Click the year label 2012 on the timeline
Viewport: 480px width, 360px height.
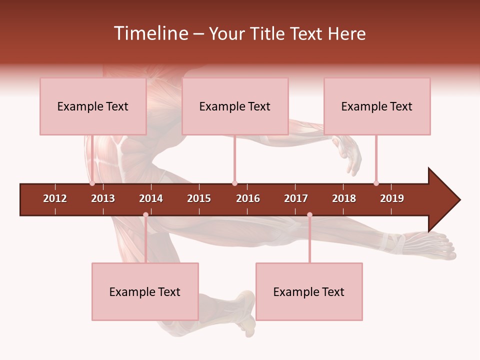pos(55,198)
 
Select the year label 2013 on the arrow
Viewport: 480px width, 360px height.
pos(103,198)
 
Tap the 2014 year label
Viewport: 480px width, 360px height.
pos(151,198)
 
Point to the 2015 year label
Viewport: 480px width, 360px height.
pos(199,198)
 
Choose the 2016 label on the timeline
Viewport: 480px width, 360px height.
pos(248,198)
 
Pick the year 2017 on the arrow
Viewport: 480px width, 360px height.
pos(296,198)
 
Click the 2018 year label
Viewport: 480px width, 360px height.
pos(344,198)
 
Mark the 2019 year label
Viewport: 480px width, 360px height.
pos(392,198)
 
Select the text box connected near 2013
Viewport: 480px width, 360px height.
pos(93,106)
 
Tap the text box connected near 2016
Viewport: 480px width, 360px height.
pos(235,106)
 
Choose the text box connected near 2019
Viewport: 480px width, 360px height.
pos(377,106)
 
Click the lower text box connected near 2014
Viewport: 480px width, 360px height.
pos(145,291)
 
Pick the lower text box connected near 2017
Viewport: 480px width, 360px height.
pos(309,291)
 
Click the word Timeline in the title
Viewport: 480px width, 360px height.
pos(150,33)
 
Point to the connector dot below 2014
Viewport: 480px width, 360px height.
pos(145,214)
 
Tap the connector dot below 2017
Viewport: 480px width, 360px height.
pos(309,214)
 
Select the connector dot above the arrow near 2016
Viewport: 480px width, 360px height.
pos(234,183)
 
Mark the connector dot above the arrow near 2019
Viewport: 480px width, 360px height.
pos(376,183)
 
